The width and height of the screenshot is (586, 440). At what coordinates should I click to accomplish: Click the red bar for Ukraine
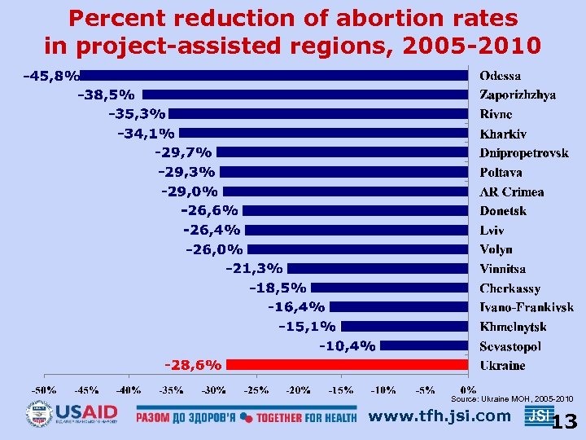(347, 364)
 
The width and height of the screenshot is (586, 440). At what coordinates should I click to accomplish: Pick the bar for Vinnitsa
(378, 268)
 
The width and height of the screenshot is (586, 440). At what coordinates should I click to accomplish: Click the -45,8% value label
(52, 77)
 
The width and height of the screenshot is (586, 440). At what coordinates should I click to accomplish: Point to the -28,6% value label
(193, 365)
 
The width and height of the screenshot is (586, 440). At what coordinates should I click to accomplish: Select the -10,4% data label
(348, 346)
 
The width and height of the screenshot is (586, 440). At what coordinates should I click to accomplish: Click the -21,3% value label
(255, 268)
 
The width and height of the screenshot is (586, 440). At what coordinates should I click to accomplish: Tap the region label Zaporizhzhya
(518, 95)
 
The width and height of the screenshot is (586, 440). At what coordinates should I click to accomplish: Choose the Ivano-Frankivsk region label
(526, 307)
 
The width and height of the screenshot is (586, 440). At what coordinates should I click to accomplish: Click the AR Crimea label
(511, 192)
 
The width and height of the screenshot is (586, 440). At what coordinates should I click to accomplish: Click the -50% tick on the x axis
(44, 389)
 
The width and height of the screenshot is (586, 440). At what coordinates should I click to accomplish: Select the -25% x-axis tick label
(256, 389)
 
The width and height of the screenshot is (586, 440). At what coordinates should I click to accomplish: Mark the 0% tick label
(469, 389)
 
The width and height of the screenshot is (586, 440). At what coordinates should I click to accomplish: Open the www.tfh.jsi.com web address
(439, 416)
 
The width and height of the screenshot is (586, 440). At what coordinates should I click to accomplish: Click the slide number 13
(564, 422)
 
